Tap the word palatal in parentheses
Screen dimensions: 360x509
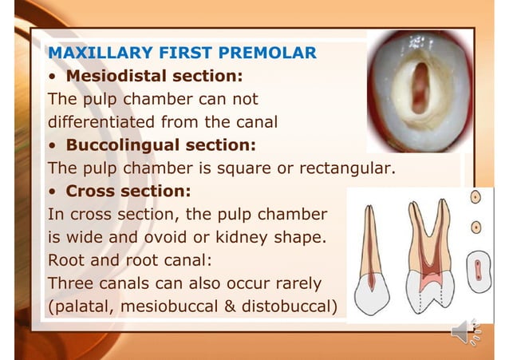[81, 307]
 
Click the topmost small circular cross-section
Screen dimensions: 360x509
[475, 198]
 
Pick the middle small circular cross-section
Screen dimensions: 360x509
[475, 227]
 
